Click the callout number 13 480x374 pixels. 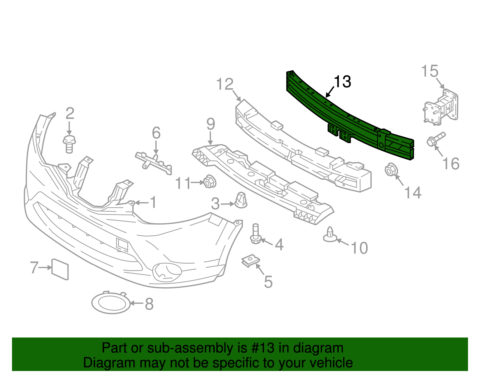point(342,82)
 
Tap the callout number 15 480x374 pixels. point(430,71)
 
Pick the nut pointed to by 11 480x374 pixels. point(209,181)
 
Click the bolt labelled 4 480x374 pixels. point(256,234)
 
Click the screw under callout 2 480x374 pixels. point(69,144)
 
